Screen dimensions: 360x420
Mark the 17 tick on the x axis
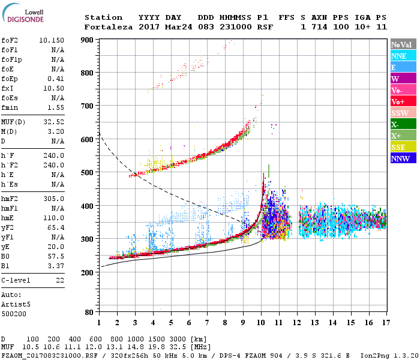tap(387, 322)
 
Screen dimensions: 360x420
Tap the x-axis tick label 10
tap(261, 322)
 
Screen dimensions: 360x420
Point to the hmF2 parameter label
tap(10, 199)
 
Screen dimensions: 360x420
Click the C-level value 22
tap(60, 280)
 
